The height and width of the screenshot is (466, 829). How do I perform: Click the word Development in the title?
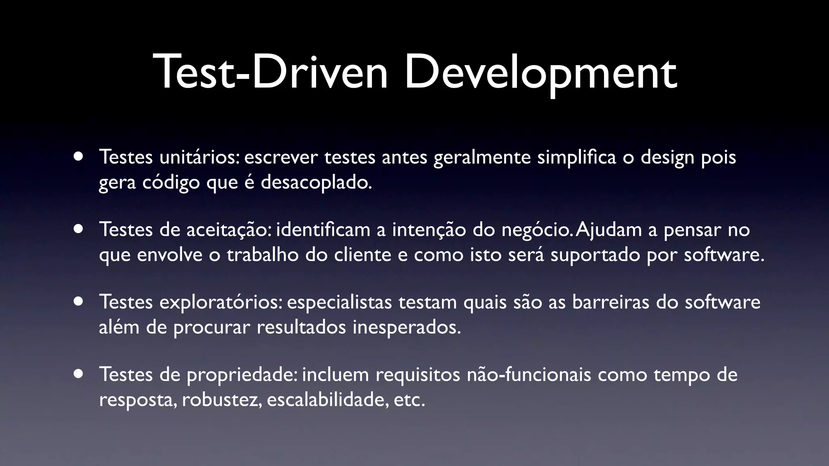click(x=541, y=73)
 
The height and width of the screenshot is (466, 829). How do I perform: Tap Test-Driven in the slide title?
click(x=270, y=73)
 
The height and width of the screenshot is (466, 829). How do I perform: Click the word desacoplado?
click(x=316, y=182)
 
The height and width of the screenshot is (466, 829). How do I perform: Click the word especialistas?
click(x=339, y=302)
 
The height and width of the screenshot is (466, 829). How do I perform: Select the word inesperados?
click(x=406, y=327)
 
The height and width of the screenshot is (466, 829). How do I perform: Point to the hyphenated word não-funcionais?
click(x=529, y=375)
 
